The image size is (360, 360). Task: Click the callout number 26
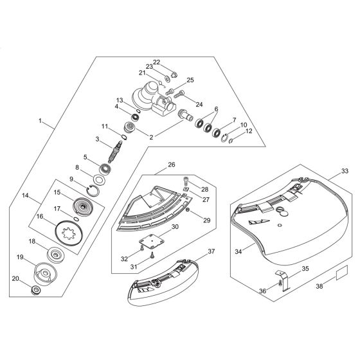point(171,165)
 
